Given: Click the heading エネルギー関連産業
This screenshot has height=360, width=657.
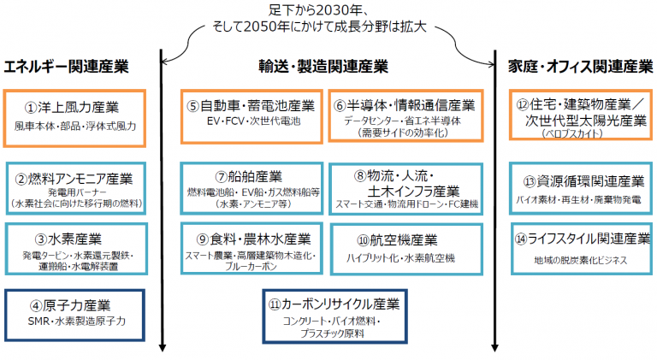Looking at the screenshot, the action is click(66, 67).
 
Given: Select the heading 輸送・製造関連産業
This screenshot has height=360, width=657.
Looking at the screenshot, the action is click(323, 67).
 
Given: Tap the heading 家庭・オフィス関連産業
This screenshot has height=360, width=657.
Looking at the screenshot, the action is click(581, 67).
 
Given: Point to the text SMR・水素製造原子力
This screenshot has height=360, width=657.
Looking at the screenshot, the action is click(77, 321).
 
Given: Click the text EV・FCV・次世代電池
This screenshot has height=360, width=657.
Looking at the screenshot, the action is click(253, 121).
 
